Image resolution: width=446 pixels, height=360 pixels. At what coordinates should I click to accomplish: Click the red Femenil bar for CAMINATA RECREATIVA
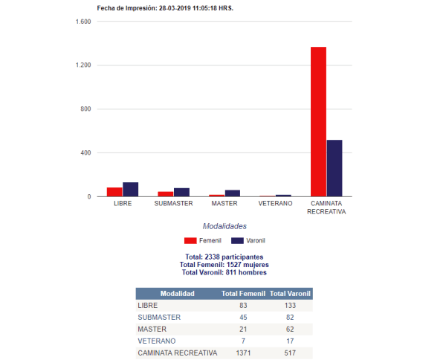(x=318, y=121)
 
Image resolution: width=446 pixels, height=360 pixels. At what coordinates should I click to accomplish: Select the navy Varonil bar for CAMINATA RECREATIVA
(x=334, y=168)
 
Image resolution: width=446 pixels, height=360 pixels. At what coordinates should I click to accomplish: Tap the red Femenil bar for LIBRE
(x=114, y=192)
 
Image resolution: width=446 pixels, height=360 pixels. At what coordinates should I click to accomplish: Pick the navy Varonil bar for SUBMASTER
(x=182, y=192)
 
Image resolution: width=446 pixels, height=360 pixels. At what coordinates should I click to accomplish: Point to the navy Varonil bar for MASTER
(x=233, y=193)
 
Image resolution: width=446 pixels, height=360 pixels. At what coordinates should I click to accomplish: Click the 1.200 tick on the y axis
(x=83, y=65)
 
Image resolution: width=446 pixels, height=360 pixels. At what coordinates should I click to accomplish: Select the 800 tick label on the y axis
(x=85, y=109)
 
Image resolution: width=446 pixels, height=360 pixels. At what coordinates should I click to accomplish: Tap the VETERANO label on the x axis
(x=275, y=204)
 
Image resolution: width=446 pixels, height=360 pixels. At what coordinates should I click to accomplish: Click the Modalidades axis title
(x=224, y=226)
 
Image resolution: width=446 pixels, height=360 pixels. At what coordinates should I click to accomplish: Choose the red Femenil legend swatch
(x=190, y=241)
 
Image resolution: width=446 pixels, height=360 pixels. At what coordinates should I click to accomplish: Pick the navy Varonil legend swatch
(x=238, y=241)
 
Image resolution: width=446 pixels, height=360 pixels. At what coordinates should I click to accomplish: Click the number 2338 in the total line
(x=212, y=257)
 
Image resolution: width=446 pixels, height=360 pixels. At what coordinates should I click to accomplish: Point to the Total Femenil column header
(x=244, y=294)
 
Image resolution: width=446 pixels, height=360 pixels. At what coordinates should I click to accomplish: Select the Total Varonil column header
(x=290, y=294)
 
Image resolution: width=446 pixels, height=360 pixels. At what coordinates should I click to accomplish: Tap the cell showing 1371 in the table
(x=244, y=353)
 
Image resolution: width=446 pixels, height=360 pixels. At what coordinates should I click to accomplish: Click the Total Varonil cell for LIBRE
(x=290, y=306)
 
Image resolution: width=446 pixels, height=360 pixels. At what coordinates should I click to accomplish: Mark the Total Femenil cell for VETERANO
(x=244, y=341)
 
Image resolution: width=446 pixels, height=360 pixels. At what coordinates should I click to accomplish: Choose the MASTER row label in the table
(x=152, y=330)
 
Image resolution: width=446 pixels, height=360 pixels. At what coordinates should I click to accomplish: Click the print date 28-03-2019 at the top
(x=175, y=8)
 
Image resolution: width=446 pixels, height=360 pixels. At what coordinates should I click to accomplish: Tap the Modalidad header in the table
(x=178, y=294)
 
